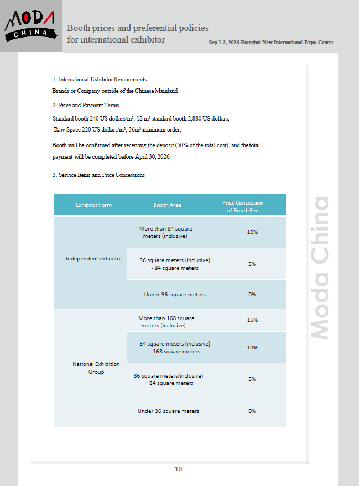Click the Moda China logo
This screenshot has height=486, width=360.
pyautogui.click(x=30, y=25)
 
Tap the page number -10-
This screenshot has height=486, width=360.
pyautogui.click(x=178, y=469)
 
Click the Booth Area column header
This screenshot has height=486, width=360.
pyautogui.click(x=167, y=205)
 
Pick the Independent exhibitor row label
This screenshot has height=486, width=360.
pyautogui.click(x=94, y=258)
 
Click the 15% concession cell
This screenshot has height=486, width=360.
pyautogui.click(x=252, y=320)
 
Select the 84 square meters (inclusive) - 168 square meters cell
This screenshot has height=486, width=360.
pyautogui.click(x=174, y=347)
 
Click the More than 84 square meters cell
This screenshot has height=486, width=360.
pyautogui.click(x=166, y=232)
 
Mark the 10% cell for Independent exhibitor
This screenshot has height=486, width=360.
pyautogui.click(x=252, y=232)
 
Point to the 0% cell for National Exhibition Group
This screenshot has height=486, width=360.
pyautogui.click(x=252, y=411)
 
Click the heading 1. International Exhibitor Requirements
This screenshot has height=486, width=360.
pyautogui.click(x=99, y=80)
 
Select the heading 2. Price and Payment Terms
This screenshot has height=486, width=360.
pyautogui.click(x=86, y=105)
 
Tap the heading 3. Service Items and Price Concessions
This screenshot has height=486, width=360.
pyautogui.click(x=98, y=175)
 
